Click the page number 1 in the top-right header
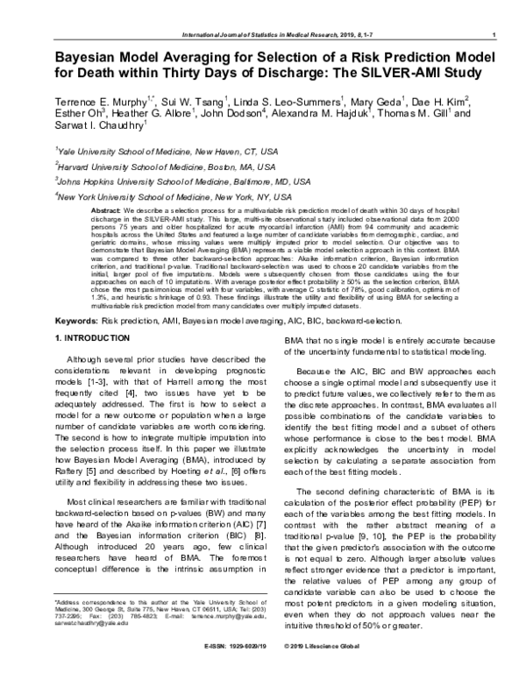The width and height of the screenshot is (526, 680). click(x=496, y=34)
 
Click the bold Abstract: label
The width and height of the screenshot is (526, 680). click(x=106, y=213)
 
